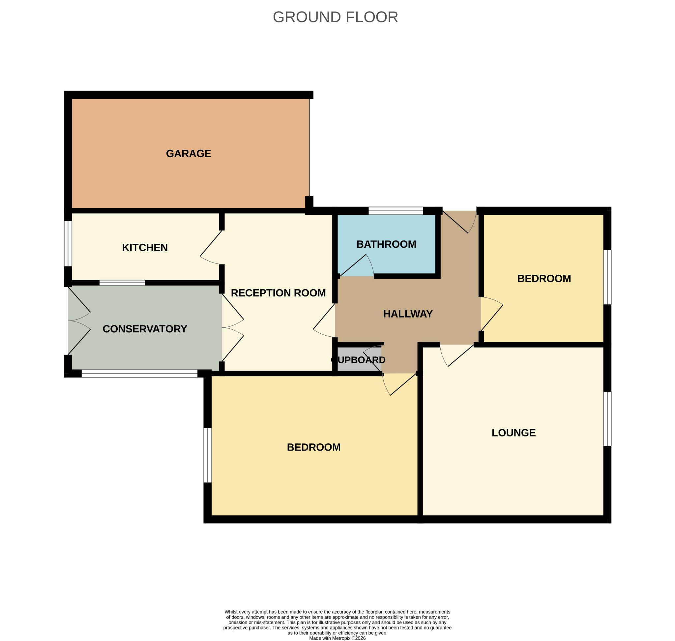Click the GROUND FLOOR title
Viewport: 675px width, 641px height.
tap(335, 17)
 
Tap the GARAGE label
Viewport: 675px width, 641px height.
tap(189, 154)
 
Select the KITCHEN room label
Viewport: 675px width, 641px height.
tap(145, 248)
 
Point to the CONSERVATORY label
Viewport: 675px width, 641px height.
tap(145, 329)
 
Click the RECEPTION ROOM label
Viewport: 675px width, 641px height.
tap(279, 293)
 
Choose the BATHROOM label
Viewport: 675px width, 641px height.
tap(386, 244)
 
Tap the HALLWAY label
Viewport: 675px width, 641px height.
tap(408, 314)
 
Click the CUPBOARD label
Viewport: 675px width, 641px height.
tap(358, 360)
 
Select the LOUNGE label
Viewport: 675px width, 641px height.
tap(514, 433)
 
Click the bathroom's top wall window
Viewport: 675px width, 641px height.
tap(396, 211)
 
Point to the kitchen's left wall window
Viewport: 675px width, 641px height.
tap(68, 243)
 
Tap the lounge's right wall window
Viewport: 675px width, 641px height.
tap(607, 419)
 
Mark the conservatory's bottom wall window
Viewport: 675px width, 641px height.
tap(139, 374)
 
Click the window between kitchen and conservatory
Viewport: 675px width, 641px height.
tap(122, 283)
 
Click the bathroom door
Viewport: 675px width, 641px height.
tap(356, 265)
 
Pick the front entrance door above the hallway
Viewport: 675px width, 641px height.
tap(458, 222)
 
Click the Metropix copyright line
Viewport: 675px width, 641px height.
tap(337, 638)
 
